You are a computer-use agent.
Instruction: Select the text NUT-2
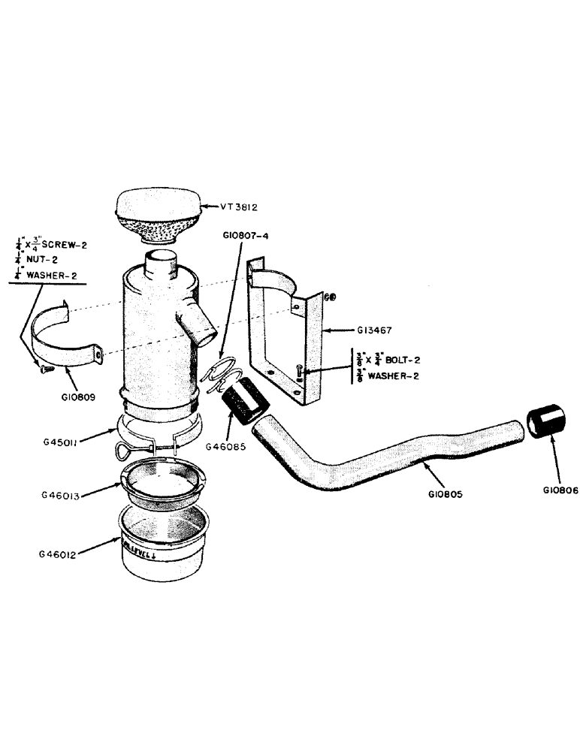[43, 259]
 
